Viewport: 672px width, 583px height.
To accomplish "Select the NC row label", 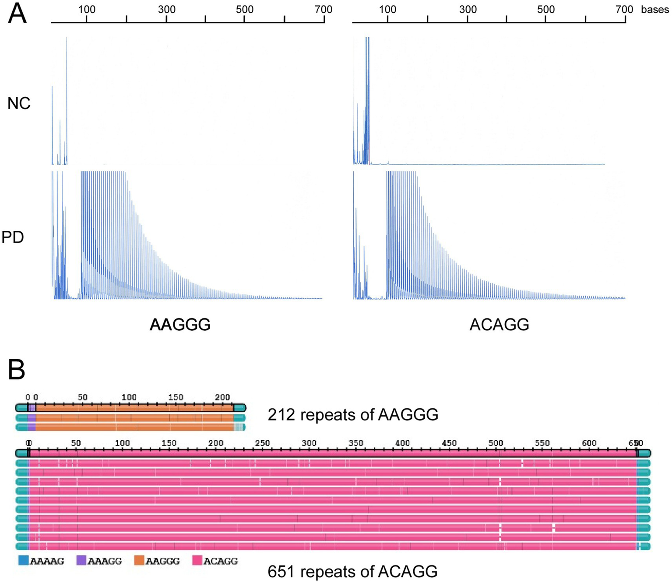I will coord(19,103).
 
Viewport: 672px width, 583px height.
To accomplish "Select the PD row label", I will coord(13,237).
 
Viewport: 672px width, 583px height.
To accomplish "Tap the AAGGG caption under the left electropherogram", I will coord(180,325).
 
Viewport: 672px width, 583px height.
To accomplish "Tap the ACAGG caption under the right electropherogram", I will coord(499,325).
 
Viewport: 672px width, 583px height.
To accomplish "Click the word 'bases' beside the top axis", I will coord(654,10).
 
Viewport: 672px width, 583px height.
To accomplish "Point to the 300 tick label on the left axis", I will coord(166,9).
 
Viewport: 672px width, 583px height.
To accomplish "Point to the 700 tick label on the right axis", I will coord(624,9).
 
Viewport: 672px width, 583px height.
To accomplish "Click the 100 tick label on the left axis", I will coord(87,9).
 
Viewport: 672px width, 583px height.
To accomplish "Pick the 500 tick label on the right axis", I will coord(545,9).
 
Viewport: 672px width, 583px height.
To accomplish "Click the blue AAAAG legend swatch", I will coord(23,560).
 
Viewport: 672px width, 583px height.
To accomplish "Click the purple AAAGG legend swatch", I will coord(81,560).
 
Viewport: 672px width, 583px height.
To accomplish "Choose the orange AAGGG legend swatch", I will coord(139,560).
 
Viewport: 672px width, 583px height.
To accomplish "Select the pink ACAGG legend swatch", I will coord(197,560).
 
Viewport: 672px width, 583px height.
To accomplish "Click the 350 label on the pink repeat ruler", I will coord(355,443).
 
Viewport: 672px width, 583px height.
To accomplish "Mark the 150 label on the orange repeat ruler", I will coord(176,397).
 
